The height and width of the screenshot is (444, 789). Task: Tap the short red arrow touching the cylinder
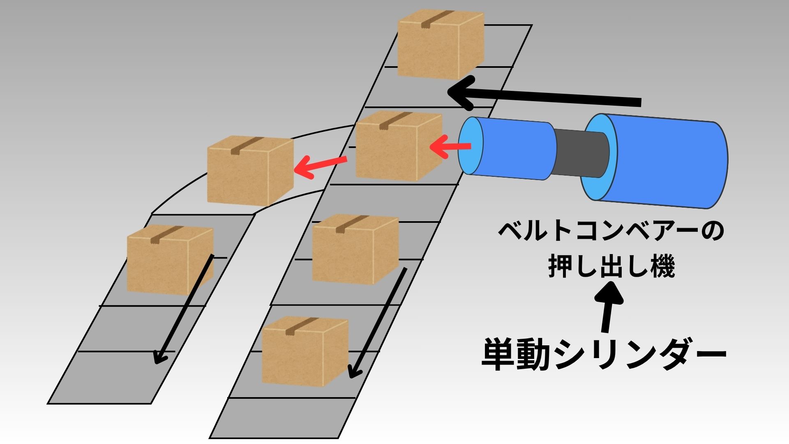pyautogui.click(x=450, y=147)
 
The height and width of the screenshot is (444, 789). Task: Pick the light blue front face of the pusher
pyautogui.click(x=471, y=146)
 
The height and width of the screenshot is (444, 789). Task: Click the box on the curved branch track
pyautogui.click(x=250, y=171)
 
